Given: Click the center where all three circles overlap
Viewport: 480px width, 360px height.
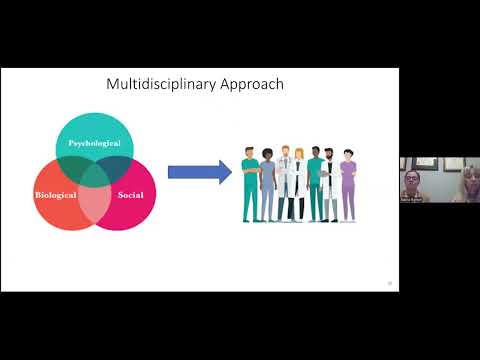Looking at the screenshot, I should point(94,183).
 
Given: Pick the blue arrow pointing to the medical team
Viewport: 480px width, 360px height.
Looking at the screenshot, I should point(199,172).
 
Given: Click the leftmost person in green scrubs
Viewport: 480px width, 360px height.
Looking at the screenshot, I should point(251,185).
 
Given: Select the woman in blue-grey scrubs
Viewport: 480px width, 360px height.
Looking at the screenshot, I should point(267,185).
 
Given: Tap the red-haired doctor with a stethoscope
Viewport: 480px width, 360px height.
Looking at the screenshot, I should point(284,180).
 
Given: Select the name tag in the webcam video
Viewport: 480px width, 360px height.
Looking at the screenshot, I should point(410,200).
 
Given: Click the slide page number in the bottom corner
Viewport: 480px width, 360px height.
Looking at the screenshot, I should point(389,284).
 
